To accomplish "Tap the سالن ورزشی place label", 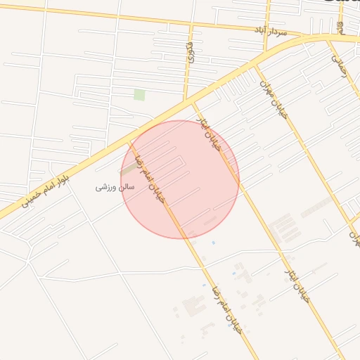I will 115,188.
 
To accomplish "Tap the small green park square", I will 139,94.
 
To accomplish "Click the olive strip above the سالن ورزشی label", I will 128,169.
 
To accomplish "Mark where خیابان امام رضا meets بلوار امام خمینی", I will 129,141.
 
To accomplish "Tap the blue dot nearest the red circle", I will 213,243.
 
